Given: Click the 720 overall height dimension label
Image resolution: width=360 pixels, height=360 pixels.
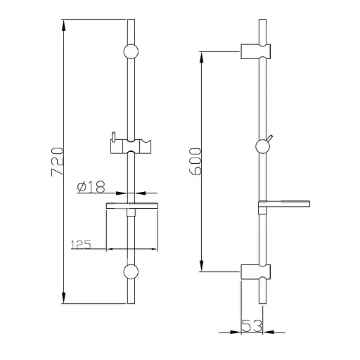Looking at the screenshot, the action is pyautogui.click(x=57, y=161).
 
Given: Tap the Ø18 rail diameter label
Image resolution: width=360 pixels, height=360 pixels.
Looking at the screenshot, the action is pyautogui.click(x=91, y=187).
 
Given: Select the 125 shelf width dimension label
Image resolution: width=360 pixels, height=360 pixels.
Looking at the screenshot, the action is pyautogui.click(x=81, y=245).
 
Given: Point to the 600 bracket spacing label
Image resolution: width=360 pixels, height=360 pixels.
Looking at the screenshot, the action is pyautogui.click(x=195, y=162).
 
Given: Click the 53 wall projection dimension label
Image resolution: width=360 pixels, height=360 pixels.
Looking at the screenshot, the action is pyautogui.click(x=252, y=326).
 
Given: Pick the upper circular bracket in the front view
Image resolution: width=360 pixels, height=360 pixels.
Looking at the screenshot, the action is pyautogui.click(x=131, y=51).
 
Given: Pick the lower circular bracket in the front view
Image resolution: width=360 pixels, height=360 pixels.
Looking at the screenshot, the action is pyautogui.click(x=131, y=271).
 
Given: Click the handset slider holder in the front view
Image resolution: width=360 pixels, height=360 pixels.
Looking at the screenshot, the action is pyautogui.click(x=131, y=146).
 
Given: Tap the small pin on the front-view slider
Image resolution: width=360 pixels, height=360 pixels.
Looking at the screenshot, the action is pyautogui.click(x=113, y=136).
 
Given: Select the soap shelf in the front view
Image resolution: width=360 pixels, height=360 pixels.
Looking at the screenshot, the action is pyautogui.click(x=131, y=205).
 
